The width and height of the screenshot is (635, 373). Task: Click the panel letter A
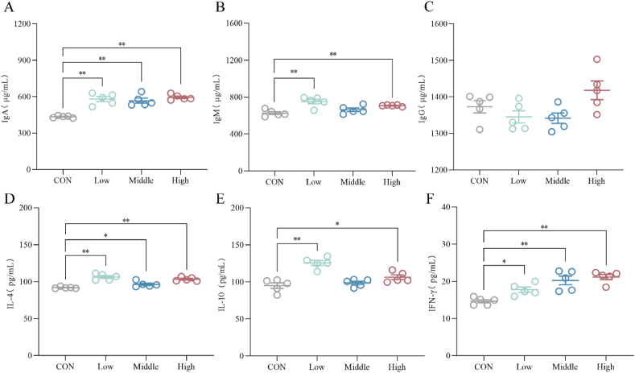coord(8,7)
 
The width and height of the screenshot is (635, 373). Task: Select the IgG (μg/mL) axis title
coord(423,98)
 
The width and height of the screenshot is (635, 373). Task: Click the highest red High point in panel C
coord(596,60)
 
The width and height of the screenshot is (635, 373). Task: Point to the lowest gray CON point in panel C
coord(480,130)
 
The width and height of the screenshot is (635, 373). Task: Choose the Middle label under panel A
coord(142,180)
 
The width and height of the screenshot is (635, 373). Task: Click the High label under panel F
coord(605,367)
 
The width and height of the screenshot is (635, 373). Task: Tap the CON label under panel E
coord(277,367)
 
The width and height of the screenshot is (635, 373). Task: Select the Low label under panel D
coord(105,367)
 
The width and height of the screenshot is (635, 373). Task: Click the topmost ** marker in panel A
coord(122,44)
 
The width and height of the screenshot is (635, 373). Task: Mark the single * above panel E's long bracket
coord(337,224)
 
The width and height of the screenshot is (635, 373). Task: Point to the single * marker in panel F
coord(504,262)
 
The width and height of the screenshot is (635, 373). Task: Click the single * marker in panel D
coord(105,235)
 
